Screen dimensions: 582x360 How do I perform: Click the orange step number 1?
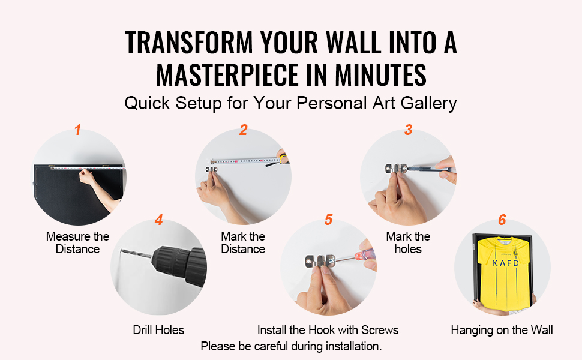tap(77, 130)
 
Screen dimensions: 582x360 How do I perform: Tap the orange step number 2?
tap(243, 130)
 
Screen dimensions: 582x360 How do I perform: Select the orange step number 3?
tap(408, 130)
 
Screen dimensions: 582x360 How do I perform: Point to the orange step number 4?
tap(159, 220)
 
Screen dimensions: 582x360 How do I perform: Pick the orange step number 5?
tap(328, 220)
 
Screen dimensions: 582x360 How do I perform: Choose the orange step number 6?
tap(502, 220)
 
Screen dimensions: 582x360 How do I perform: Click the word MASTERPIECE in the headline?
tap(227, 74)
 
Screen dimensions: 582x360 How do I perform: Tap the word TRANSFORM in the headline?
tap(189, 43)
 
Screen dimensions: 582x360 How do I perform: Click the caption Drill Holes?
tap(158, 330)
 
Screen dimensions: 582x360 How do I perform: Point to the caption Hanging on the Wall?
tap(502, 330)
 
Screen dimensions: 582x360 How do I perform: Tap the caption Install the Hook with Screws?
tap(328, 330)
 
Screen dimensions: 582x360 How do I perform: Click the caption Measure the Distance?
tap(77, 243)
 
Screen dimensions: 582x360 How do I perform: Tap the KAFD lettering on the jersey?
tap(506, 263)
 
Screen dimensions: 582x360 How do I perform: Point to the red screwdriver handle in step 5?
tap(365, 255)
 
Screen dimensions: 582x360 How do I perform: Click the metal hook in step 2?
tap(212, 169)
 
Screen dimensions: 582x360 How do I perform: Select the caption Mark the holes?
tap(408, 243)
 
